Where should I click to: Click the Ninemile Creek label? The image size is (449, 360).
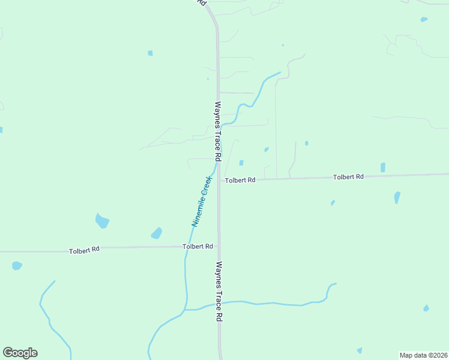tap(202, 201)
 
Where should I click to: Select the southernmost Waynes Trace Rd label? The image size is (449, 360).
tap(219, 291)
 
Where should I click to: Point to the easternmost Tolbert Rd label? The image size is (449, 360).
tap(349, 177)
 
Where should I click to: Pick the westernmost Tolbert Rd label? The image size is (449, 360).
tap(84, 250)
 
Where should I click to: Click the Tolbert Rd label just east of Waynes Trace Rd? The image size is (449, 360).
tap(240, 180)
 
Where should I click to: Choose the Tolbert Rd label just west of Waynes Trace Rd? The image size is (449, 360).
tap(198, 247)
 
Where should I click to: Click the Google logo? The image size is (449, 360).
tap(20, 353)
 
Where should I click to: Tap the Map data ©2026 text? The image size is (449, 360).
tap(423, 355)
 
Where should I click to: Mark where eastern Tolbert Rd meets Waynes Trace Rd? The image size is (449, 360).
tap(219, 180)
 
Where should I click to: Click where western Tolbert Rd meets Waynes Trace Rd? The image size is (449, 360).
tap(218, 247)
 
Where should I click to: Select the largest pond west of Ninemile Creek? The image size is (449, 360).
tap(102, 221)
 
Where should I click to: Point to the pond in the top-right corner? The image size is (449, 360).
tap(424, 19)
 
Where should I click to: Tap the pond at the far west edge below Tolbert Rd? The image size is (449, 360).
tap(17, 265)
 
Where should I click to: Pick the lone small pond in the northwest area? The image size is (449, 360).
tap(150, 53)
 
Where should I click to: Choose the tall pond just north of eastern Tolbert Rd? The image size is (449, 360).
tap(383, 167)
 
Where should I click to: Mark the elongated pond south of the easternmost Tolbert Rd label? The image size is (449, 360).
tap(397, 197)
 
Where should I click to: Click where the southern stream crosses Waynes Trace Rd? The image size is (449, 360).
tap(219, 303)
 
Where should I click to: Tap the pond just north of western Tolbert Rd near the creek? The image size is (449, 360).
tap(156, 233)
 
